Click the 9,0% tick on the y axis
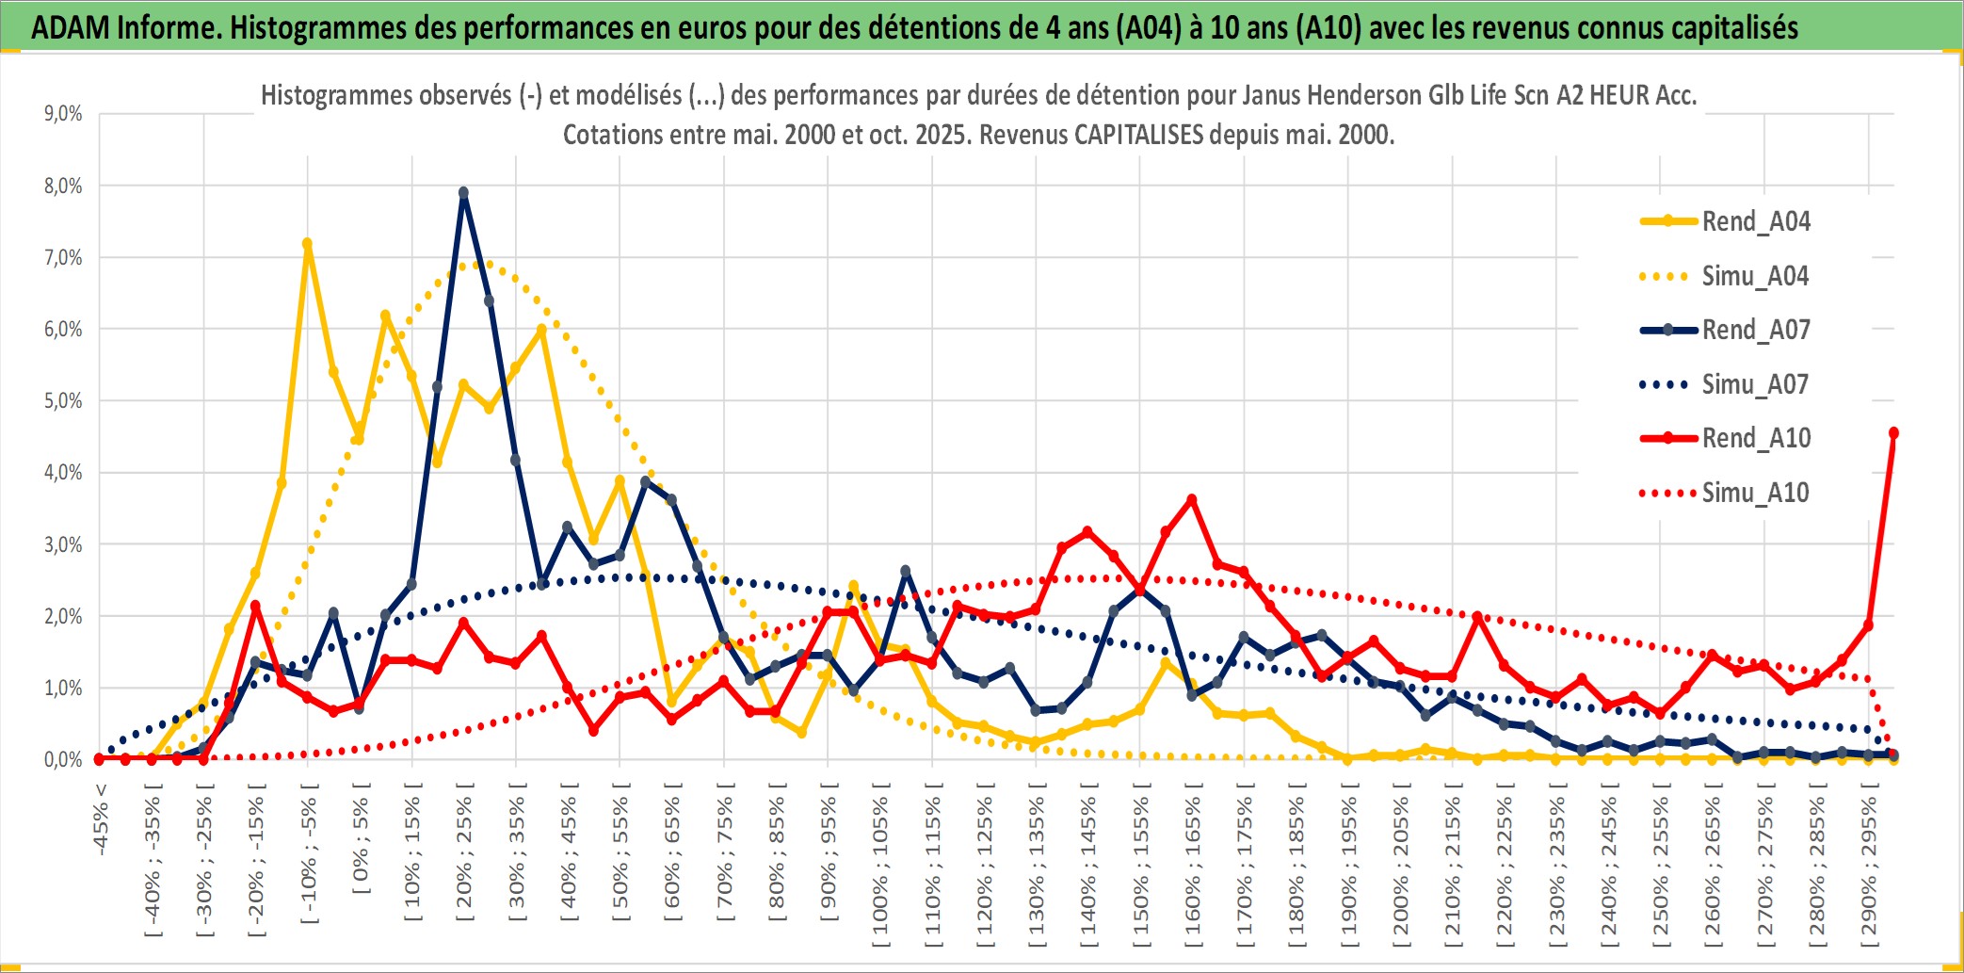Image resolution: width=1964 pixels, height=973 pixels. coord(63,114)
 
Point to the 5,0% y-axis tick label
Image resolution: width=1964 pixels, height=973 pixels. coord(63,401)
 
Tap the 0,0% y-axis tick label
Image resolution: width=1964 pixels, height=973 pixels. coord(63,760)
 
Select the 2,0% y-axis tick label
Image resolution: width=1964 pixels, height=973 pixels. coord(63,617)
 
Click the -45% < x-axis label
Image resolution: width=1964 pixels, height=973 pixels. coord(101,819)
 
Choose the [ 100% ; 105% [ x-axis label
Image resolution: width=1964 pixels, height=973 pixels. coord(880,867)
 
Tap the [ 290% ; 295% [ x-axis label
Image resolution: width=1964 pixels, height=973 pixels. coord(1869,867)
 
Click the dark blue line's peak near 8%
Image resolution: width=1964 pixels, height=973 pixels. coord(463,193)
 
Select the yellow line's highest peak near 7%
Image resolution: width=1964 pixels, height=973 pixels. coord(307,244)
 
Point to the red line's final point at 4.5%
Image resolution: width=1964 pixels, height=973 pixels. coord(1893,433)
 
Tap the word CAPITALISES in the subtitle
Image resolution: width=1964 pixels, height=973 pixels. coord(1138,135)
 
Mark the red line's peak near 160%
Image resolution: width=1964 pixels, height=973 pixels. coord(1192,499)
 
